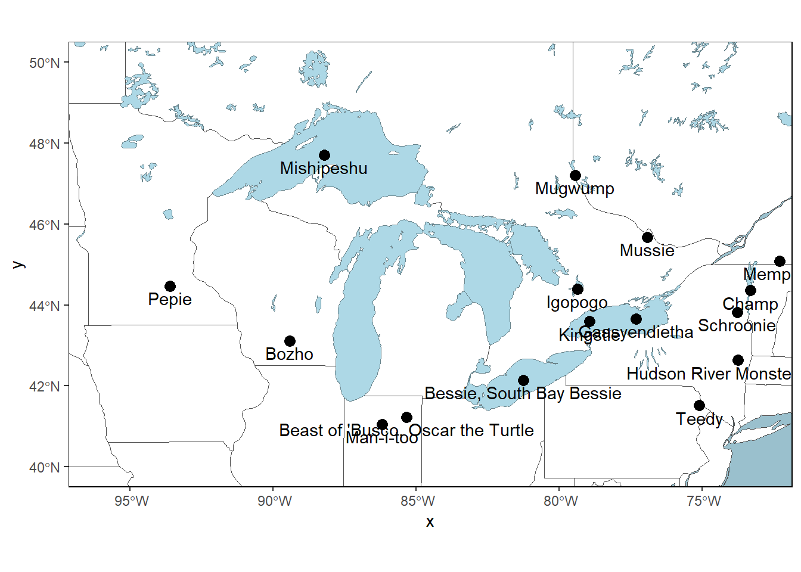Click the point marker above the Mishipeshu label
[324, 156]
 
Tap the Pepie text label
[170, 299]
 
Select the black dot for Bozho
[290, 341]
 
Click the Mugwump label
[575, 189]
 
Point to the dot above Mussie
[647, 238]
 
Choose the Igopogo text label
[577, 303]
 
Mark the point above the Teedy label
[699, 406]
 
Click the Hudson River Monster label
[709, 374]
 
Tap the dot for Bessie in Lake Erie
[523, 381]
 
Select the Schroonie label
[737, 326]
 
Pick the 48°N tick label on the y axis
[45, 144]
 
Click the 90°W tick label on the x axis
[275, 501]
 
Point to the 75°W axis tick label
[704, 501]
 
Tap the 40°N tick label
[45, 468]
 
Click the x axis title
[430, 522]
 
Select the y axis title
[18, 265]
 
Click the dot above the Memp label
[780, 262]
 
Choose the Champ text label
[750, 304]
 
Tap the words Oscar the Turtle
[471, 430]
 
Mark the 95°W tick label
[132, 501]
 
